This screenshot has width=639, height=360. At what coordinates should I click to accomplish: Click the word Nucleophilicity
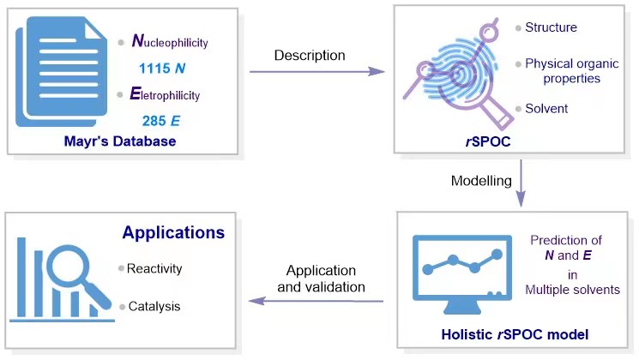coord(170,41)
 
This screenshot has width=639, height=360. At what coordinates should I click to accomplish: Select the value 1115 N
coord(162,68)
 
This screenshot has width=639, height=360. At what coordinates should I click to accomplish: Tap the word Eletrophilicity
coord(165,94)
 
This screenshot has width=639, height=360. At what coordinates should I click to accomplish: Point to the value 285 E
coord(161,121)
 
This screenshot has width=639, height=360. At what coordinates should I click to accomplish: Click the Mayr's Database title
coord(120,141)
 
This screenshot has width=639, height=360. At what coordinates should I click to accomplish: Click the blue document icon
coord(61,71)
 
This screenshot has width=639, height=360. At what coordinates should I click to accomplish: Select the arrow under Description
coord(317,72)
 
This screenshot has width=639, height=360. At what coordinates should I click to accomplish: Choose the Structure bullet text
coord(551,27)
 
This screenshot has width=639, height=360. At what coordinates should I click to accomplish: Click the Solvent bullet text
coord(546,108)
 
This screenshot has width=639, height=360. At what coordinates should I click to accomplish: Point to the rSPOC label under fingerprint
coord(488,141)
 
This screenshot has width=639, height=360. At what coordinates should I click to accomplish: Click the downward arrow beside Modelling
coord(521,183)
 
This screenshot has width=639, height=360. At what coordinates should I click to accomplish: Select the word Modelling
coord(481,180)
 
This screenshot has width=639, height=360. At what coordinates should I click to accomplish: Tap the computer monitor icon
coord(462,274)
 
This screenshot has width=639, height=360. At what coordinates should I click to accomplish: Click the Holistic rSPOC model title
coord(515,334)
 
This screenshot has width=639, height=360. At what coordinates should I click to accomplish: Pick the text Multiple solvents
coord(572,290)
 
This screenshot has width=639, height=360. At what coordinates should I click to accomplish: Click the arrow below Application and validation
coord(316,302)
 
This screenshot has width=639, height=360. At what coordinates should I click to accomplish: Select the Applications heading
coord(173,232)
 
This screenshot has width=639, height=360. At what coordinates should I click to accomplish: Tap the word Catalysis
coord(154,306)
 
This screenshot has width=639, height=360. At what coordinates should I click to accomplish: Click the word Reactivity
coord(154,268)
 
